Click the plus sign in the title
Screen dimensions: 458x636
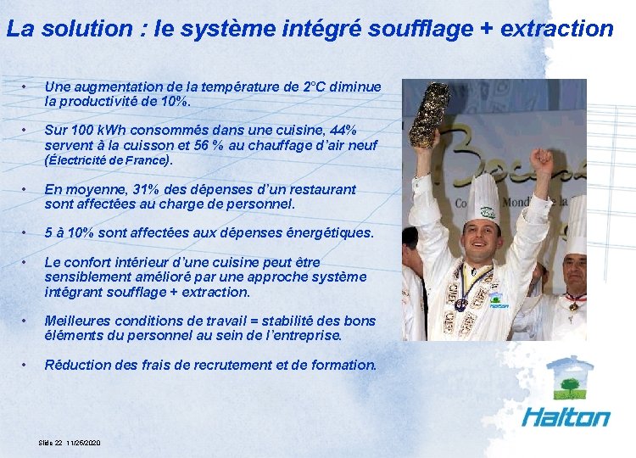pyautogui.click(x=487, y=29)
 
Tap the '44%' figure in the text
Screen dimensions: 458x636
pyautogui.click(x=342, y=130)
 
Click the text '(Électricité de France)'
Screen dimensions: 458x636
pyautogui.click(x=108, y=159)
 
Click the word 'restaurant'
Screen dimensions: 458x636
pyautogui.click(x=322, y=189)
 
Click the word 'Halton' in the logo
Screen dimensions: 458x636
pyautogui.click(x=566, y=416)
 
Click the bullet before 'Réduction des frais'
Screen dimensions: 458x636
pyautogui.click(x=27, y=365)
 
